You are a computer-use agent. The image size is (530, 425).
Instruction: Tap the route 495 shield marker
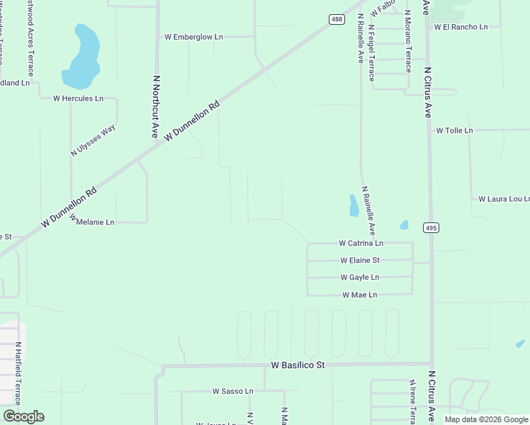431,227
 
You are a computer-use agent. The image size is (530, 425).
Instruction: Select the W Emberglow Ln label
193,36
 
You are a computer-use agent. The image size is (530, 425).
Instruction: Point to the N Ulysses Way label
93,141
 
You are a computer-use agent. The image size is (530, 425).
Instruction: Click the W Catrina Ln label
361,243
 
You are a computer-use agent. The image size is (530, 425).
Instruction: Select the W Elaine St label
360,260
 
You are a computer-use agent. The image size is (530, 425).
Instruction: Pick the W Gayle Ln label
360,277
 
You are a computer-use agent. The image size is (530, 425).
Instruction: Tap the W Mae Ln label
360,294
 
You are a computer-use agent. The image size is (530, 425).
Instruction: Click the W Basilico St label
298,365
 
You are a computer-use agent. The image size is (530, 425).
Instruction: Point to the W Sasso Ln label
232,390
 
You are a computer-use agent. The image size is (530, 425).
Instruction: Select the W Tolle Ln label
454,130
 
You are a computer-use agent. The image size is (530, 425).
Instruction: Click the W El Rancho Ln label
461,27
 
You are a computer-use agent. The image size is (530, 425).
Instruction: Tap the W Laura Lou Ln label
504,199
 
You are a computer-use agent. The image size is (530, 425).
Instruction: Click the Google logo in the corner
23,416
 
